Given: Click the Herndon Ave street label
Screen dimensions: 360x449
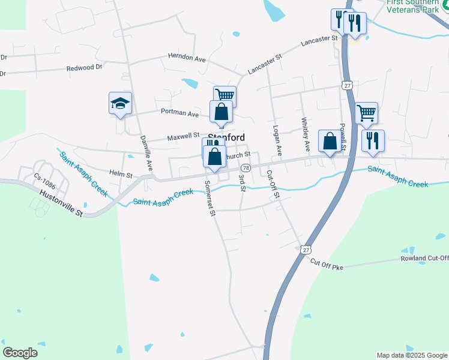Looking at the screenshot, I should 187,58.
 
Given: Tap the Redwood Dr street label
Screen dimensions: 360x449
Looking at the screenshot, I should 84,68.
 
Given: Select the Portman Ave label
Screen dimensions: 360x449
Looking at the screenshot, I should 179,113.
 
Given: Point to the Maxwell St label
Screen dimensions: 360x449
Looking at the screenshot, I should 183,137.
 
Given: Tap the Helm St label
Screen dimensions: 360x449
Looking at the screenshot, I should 121,175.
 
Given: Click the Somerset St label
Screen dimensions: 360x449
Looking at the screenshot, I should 209,199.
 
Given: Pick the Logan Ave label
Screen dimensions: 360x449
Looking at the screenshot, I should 277,139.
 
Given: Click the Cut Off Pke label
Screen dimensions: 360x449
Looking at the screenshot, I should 327,264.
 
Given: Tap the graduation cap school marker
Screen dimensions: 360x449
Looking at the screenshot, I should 120,103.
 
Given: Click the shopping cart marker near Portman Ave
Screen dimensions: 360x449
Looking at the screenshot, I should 224,96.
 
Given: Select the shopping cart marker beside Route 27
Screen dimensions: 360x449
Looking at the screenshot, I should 366,112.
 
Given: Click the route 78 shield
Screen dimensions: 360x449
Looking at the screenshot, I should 246,169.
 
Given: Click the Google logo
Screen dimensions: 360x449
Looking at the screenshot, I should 20,353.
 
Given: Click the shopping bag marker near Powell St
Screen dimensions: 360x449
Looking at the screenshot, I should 329,142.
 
